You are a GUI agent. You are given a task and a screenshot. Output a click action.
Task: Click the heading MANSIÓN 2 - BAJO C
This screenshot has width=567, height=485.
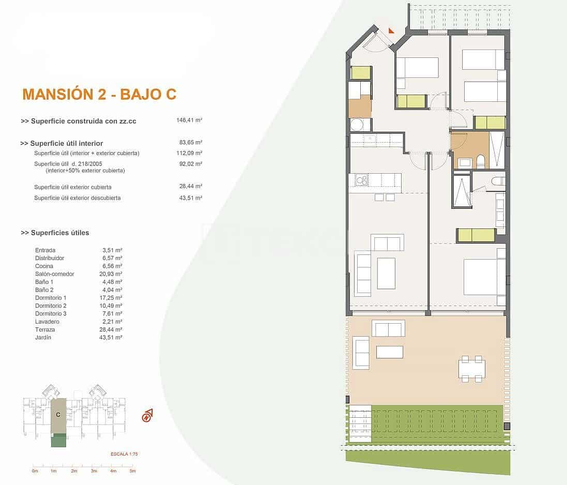pos(99,94)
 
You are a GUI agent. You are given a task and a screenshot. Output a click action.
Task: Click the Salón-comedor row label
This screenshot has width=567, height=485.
pos(55,274)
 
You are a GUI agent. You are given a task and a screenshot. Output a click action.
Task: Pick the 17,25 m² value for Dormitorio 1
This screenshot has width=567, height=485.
pos(112,298)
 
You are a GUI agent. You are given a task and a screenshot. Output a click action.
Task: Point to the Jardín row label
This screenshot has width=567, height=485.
pos(43,338)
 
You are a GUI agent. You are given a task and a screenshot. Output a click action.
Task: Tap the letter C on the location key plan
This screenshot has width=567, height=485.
pos(58,414)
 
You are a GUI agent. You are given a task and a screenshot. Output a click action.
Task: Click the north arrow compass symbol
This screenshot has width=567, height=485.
pos(147,415)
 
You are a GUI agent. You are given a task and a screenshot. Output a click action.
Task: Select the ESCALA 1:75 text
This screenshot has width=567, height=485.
pos(124,453)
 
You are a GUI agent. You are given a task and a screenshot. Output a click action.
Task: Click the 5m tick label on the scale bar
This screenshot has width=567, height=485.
pos(132,471)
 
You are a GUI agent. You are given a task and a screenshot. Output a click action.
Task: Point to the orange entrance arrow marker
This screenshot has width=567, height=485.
pos(391,31)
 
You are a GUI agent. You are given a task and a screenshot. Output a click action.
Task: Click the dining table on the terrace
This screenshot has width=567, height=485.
pos(472,368)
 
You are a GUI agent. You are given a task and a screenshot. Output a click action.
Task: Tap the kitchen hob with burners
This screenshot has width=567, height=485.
pos(361,180)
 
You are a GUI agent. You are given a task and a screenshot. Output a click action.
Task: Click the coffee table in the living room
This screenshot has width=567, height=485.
pos(386,273)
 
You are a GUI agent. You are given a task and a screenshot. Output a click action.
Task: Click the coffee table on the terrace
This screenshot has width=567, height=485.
pos(389,352)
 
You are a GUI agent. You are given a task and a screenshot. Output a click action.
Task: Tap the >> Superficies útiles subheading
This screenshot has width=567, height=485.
pos(55,233)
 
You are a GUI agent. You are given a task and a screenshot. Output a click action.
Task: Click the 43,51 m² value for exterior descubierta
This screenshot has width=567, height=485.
pos(191,198)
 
